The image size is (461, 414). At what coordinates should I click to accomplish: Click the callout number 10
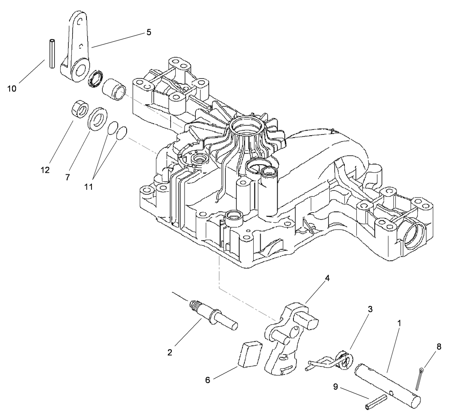(12, 89)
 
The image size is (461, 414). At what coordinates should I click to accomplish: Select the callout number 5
(149, 32)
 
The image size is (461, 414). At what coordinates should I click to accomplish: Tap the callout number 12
(45, 170)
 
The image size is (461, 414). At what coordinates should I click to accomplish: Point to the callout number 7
(68, 177)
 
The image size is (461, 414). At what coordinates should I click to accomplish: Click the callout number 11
(89, 187)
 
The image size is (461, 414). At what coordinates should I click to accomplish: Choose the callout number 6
(208, 380)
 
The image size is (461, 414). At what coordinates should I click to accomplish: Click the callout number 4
(327, 278)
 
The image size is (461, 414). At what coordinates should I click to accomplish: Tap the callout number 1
(399, 322)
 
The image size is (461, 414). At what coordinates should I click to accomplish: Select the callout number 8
(439, 346)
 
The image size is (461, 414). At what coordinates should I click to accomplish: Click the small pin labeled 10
(51, 54)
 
